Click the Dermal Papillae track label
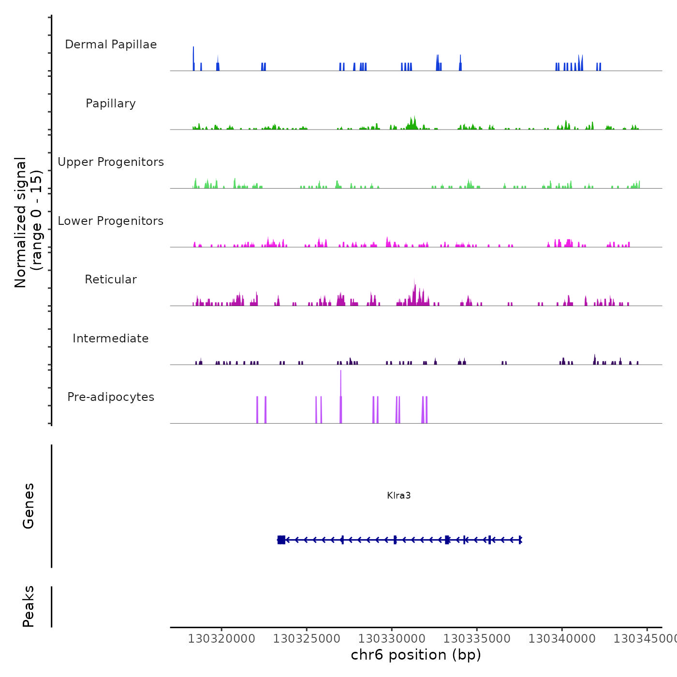tap(111, 44)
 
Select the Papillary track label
tap(111, 103)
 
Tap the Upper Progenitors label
tap(111, 162)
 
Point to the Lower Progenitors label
tap(111, 221)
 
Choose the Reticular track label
tap(111, 280)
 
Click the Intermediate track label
tap(111, 338)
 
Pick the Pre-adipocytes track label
tap(111, 397)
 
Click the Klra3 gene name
tap(399, 495)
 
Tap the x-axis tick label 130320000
tap(221, 639)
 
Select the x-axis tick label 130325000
tap(307, 639)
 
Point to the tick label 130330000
tap(392, 639)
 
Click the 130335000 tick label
tap(477, 639)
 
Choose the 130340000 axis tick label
tap(562, 639)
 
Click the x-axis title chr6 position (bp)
tap(416, 655)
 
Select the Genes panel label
tap(29, 506)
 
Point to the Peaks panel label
tap(29, 606)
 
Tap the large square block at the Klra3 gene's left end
tap(281, 540)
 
